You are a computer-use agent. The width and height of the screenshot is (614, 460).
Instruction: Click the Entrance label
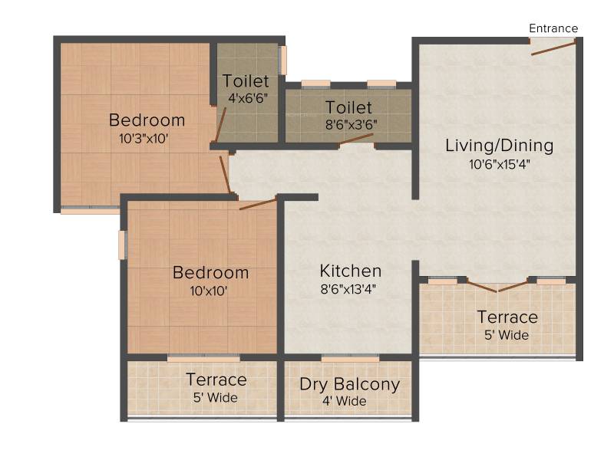click(553, 28)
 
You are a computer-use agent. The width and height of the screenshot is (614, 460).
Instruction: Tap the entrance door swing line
click(553, 48)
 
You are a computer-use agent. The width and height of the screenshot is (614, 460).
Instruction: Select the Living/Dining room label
click(500, 146)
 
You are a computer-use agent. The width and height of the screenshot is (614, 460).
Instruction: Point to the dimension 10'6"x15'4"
click(500, 164)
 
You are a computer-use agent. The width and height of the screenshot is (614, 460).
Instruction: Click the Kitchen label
click(351, 271)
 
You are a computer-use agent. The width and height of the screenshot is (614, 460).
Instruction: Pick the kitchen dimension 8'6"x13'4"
click(348, 290)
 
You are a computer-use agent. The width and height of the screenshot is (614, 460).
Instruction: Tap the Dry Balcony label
click(350, 385)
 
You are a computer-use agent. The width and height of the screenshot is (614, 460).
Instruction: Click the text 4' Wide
click(345, 401)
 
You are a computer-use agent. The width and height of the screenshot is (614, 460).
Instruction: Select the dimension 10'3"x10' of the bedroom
click(144, 139)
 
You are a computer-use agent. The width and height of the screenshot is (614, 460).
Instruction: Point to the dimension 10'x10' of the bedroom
click(209, 291)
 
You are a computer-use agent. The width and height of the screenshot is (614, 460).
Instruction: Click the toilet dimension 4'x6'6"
click(248, 98)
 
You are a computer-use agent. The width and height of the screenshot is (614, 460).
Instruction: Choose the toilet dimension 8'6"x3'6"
click(352, 125)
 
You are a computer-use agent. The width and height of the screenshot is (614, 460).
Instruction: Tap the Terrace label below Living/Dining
click(507, 317)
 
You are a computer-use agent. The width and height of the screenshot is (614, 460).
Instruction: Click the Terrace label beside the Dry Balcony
click(216, 379)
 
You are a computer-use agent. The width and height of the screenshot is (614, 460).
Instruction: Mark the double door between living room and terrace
click(497, 285)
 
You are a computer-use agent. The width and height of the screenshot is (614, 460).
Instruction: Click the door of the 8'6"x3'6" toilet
click(356, 139)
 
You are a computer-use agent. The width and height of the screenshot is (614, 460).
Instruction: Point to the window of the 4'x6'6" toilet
click(282, 61)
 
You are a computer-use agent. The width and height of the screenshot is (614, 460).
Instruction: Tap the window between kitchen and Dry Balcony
click(351, 358)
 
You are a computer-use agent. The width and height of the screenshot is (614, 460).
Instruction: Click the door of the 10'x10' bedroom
click(258, 204)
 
